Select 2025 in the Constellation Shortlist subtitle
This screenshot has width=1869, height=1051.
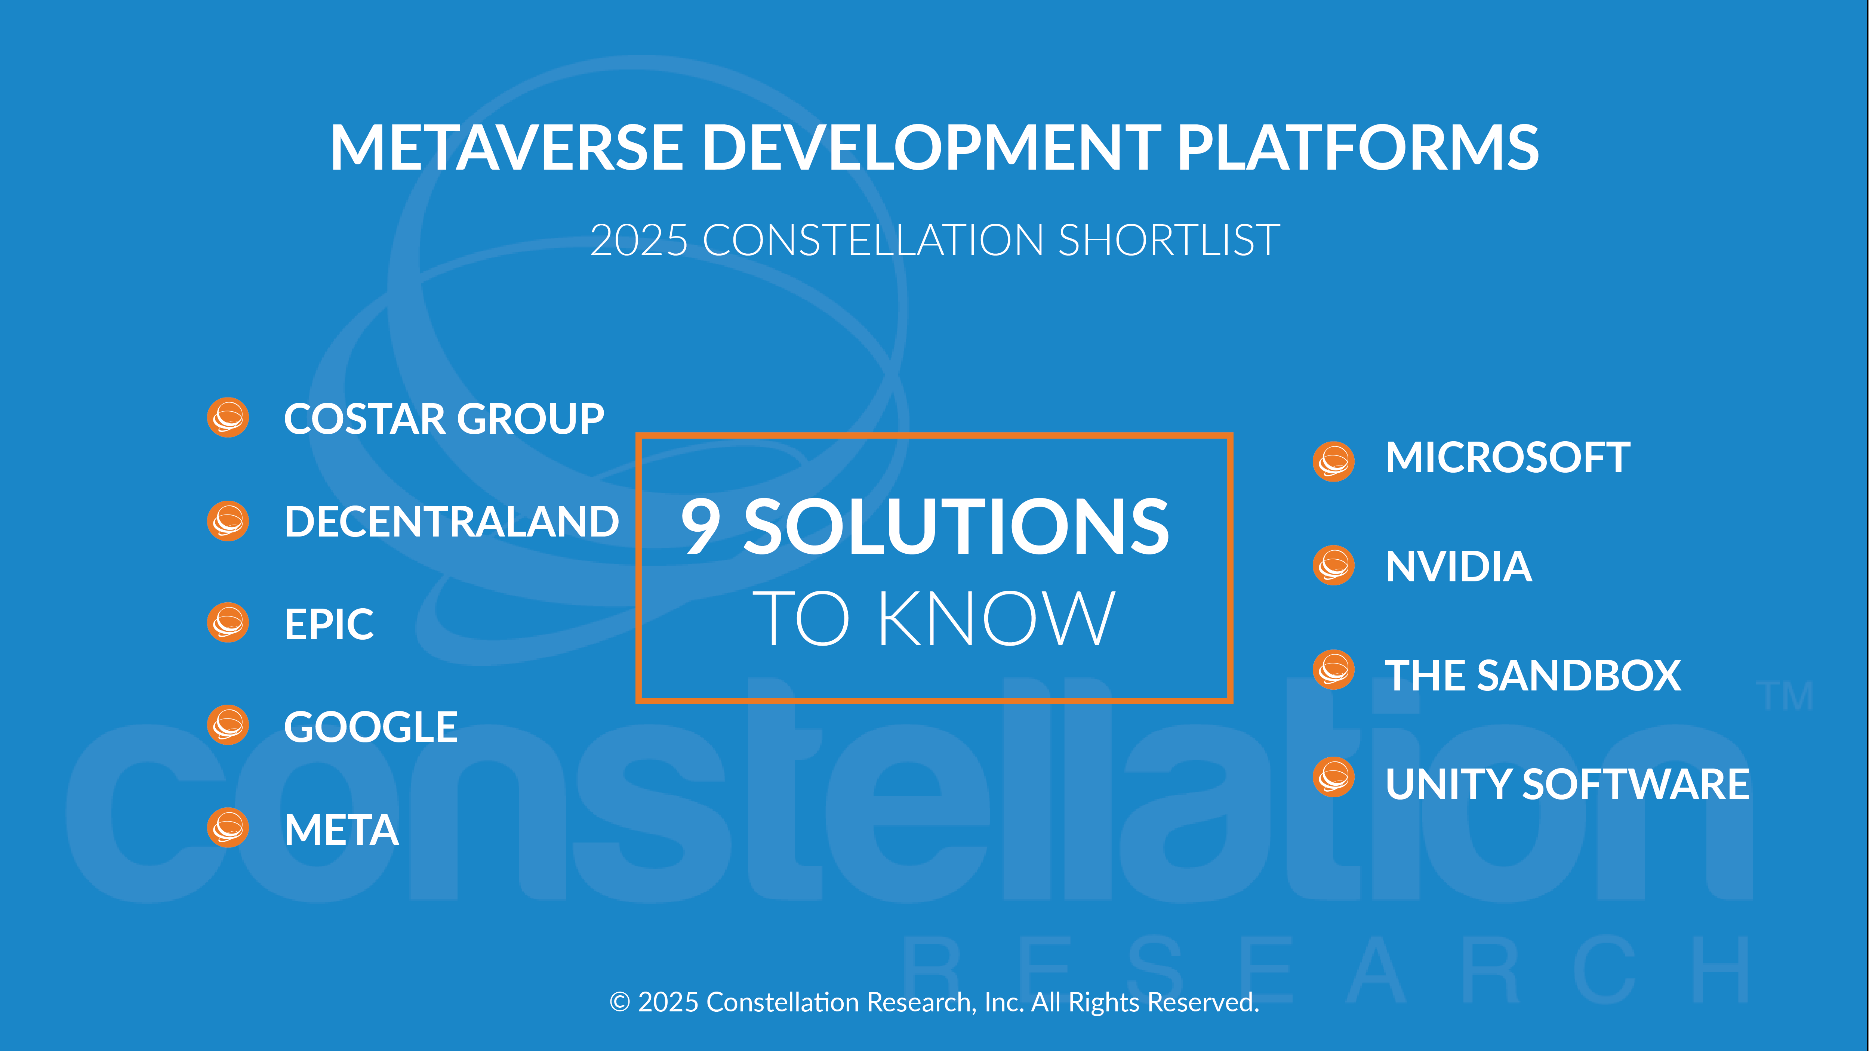638,240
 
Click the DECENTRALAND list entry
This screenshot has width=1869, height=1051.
451,522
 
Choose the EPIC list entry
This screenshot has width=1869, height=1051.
329,624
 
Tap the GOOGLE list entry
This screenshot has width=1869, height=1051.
371,727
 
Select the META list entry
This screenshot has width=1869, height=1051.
341,830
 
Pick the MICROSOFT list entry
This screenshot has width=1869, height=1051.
1508,458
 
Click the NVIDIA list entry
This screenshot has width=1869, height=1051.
1458,566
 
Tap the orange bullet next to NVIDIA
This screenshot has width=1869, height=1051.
1334,565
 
